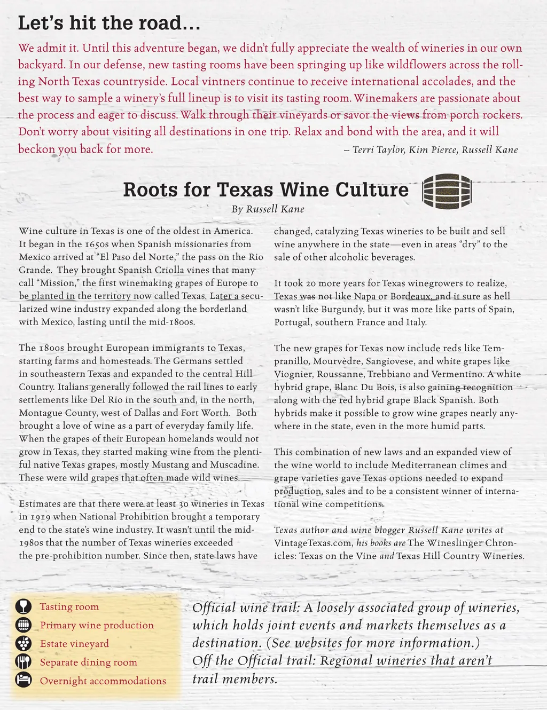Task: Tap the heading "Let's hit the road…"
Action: (x=109, y=23)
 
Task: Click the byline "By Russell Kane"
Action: (x=268, y=209)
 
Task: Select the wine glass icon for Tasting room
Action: (x=24, y=606)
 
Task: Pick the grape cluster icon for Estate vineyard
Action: (x=24, y=643)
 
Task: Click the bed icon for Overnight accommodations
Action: (x=24, y=680)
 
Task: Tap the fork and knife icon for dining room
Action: (x=24, y=662)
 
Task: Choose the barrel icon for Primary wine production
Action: (x=24, y=625)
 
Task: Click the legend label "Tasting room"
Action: (x=69, y=606)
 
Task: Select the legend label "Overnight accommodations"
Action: (x=103, y=681)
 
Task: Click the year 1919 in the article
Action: (x=41, y=517)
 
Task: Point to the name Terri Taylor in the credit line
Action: (x=378, y=149)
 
